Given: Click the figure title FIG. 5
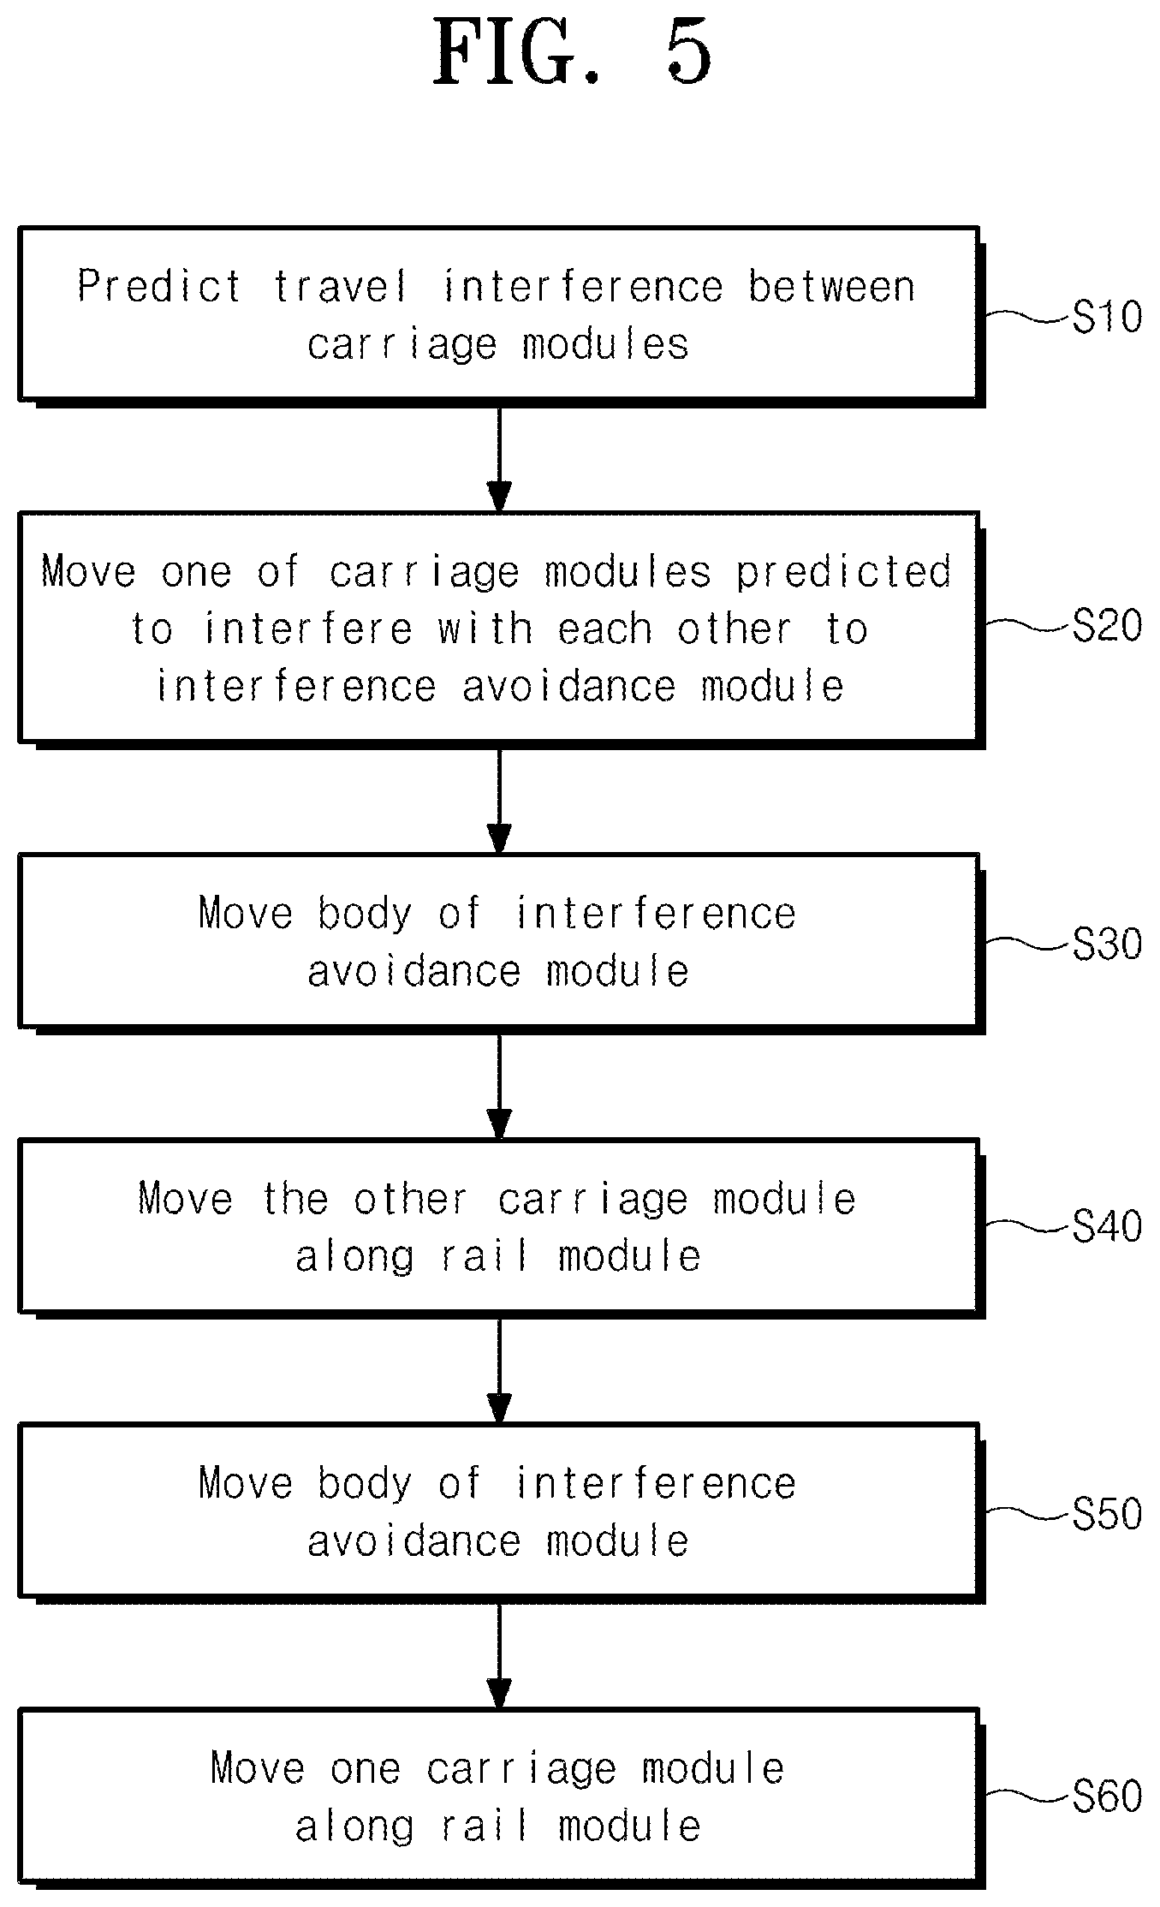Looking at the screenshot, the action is coord(573,52).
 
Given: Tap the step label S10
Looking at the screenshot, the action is coord(1107,318).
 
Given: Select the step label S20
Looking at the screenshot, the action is coord(1107,627).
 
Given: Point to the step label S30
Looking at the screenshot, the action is coord(1107,944).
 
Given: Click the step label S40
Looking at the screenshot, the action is coord(1107,1227).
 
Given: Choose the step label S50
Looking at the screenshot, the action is coord(1107,1514).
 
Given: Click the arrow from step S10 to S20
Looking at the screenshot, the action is coord(499,459).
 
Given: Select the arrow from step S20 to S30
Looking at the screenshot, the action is coord(499,801).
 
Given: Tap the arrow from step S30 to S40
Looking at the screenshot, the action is coord(499,1087).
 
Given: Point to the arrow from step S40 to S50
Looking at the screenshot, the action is coord(499,1371).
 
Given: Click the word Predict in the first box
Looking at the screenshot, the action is coord(160,286).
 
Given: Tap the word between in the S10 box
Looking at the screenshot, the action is coord(832,286).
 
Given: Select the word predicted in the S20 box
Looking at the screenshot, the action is coord(844,573).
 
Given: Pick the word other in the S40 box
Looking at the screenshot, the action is coord(412,1199).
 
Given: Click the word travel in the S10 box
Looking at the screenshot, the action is coord(341,286).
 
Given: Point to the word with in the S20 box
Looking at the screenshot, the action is coord(485,629).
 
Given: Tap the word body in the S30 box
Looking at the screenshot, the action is coord(366,915).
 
